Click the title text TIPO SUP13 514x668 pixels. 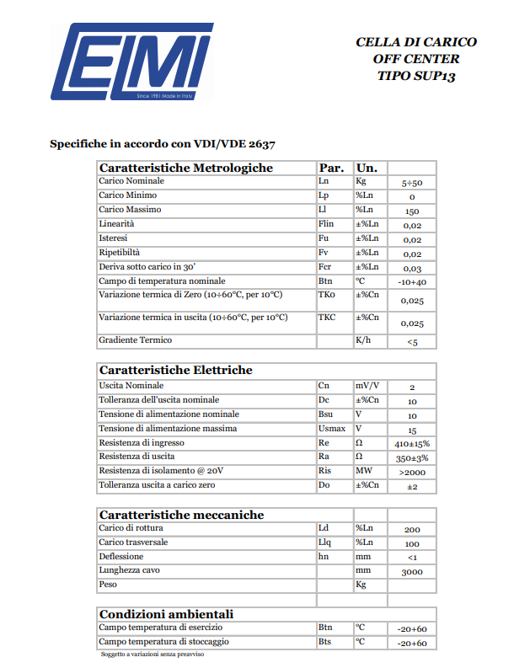click(416, 76)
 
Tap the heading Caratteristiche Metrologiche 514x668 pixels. click(186, 168)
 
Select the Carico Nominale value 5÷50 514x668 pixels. click(412, 183)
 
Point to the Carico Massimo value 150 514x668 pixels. click(412, 211)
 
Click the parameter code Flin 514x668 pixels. click(327, 224)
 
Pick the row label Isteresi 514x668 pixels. click(113, 238)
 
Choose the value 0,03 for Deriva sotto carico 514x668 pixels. click(412, 268)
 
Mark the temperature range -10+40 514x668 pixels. click(412, 282)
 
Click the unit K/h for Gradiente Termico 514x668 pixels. click(363, 340)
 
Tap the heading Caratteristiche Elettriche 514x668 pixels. click(175, 370)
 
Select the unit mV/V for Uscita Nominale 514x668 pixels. click(367, 385)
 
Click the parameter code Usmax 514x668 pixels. click(331, 428)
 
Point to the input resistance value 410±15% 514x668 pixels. click(412, 443)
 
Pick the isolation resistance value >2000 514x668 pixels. click(412, 472)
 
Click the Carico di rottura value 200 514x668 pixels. click(412, 529)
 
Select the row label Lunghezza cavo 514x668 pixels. click(130, 570)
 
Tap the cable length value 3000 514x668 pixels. click(412, 572)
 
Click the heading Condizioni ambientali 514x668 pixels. click(166, 613)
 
